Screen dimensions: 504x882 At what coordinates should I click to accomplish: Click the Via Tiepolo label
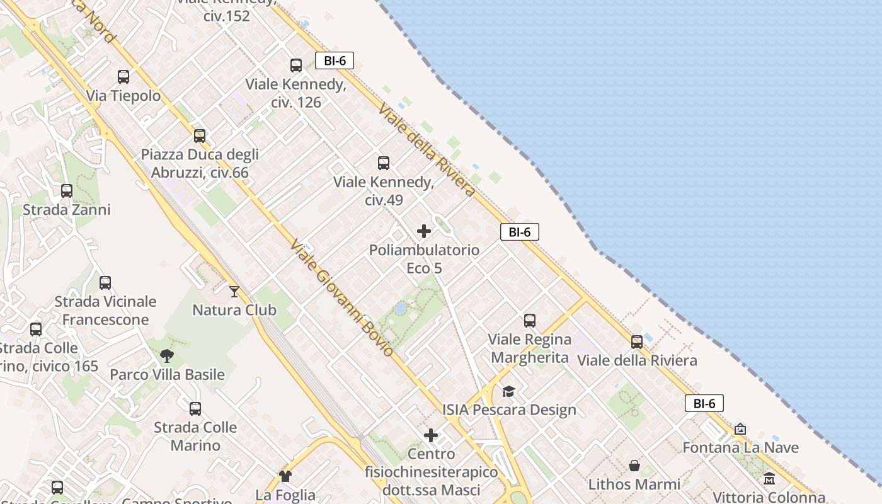coord(123,96)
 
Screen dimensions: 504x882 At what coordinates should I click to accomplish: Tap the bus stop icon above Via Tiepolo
coord(123,77)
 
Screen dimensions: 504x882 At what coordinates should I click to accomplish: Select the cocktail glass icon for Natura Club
coord(234,291)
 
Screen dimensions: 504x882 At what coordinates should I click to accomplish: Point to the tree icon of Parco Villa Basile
coord(167,356)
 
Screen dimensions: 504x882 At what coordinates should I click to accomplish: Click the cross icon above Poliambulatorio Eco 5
coord(424,231)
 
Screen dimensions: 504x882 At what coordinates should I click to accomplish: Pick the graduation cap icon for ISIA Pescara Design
coord(508,391)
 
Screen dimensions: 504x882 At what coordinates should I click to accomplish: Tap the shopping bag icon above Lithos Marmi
coord(634,466)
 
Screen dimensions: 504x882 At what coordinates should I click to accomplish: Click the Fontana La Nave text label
coord(741,448)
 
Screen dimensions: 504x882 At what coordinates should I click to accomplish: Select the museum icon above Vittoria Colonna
coord(769,478)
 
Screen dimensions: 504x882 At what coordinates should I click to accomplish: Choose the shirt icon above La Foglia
coord(285,476)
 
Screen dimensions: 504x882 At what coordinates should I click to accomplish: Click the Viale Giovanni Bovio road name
coord(341,297)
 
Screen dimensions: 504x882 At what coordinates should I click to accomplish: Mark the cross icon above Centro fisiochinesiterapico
coord(431,435)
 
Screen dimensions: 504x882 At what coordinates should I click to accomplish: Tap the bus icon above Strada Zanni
coord(67,190)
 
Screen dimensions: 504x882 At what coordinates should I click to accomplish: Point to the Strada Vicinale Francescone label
coord(105,311)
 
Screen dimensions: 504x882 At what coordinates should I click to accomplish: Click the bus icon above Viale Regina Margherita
coord(530,321)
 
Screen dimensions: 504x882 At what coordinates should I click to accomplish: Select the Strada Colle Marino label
coord(195,436)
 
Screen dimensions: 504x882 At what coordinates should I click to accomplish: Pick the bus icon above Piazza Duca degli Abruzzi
coord(200,135)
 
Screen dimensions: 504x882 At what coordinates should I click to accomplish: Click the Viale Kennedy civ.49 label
coord(384,191)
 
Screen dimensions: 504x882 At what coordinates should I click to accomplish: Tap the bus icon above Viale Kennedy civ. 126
coord(296,65)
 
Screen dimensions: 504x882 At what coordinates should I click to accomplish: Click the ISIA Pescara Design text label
coord(509,410)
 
